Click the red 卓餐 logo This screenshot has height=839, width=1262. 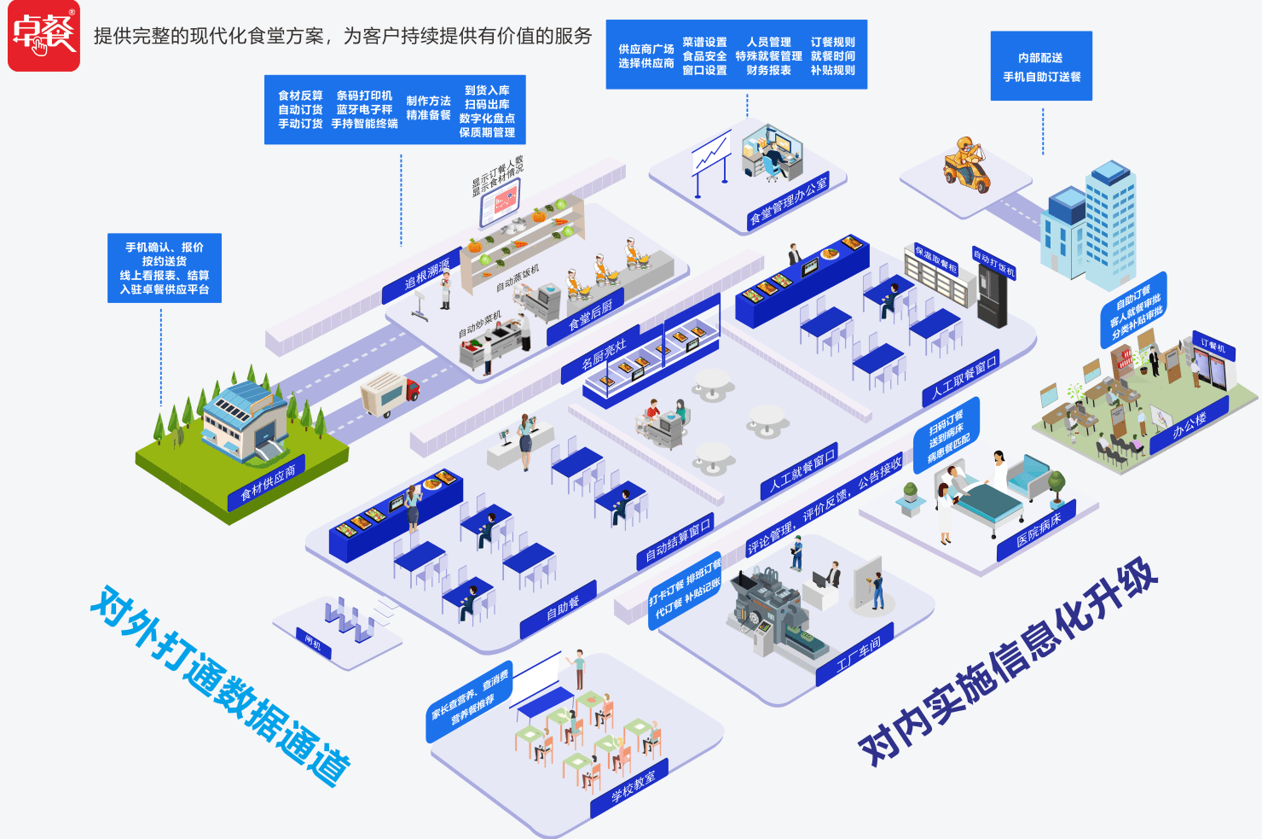coord(43,35)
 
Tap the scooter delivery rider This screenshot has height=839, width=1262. coord(966,164)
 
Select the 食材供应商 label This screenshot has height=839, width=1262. coord(268,482)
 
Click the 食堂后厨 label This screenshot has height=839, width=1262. coord(591,314)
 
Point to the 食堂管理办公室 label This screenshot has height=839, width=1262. coord(789,201)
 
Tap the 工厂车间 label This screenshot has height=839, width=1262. coord(858,651)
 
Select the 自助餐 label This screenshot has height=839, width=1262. coord(562,608)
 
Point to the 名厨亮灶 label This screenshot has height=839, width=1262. coord(604,352)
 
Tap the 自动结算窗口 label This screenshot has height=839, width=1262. coord(678,542)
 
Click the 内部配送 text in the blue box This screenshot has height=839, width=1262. coord(1040,58)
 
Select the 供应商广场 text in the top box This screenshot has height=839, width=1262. coord(645,50)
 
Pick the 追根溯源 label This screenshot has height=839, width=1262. coord(426,275)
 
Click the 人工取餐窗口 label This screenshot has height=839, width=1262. coord(964,378)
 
